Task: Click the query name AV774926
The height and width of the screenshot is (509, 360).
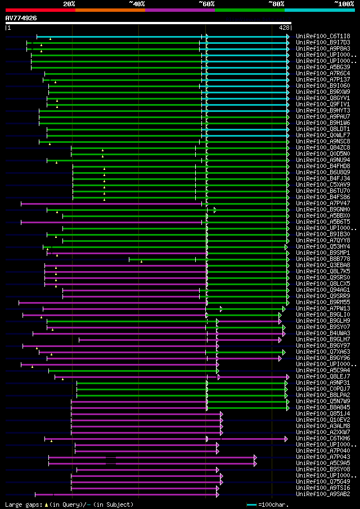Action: coord(21,18)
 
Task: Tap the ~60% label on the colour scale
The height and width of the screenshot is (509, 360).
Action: coord(206,3)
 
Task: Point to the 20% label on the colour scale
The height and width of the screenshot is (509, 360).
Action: coord(69,3)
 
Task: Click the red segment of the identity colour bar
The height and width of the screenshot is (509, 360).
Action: coord(40,10)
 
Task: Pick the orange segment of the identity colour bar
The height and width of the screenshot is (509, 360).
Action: coord(110,10)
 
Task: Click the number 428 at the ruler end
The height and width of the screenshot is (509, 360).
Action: coord(284,28)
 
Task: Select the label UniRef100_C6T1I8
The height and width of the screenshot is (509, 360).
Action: coord(323,36)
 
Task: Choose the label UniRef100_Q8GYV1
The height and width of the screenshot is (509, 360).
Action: coord(323,98)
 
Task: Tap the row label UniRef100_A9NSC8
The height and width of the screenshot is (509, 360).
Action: coord(323,141)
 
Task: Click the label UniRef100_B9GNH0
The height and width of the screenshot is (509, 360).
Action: coord(323,210)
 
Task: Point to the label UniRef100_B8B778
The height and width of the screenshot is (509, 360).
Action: coord(323,259)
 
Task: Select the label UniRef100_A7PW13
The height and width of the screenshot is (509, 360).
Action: coord(323,309)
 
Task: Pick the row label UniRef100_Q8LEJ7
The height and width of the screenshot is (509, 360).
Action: coord(323,377)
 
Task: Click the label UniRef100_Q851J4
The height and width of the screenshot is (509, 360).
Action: coord(323,414)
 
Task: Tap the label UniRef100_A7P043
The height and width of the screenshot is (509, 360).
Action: coord(323,457)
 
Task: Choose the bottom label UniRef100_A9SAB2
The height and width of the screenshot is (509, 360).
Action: coord(323,494)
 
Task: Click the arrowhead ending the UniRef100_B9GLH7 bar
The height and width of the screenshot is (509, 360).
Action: coord(280,340)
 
